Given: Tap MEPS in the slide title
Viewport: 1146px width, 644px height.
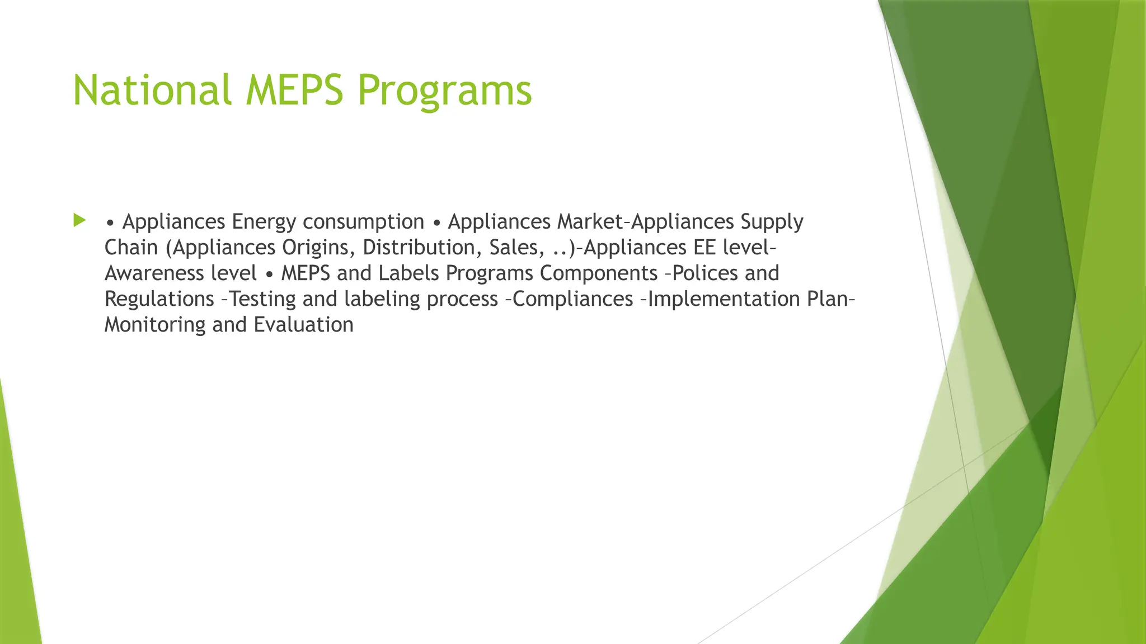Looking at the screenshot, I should (x=294, y=91).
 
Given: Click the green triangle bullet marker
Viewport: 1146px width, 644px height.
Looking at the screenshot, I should (x=79, y=220).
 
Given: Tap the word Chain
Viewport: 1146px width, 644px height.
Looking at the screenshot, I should (x=131, y=248).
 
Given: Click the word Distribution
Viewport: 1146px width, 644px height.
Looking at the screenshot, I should (x=422, y=248).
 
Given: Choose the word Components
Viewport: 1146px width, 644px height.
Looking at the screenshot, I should (x=598, y=273).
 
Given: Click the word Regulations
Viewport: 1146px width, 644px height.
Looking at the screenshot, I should (x=159, y=299).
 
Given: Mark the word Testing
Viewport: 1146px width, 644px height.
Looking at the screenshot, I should (x=263, y=299).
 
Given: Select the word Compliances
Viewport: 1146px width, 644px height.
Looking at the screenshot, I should (x=572, y=299).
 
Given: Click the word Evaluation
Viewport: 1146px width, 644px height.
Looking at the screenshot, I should (x=303, y=325).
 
